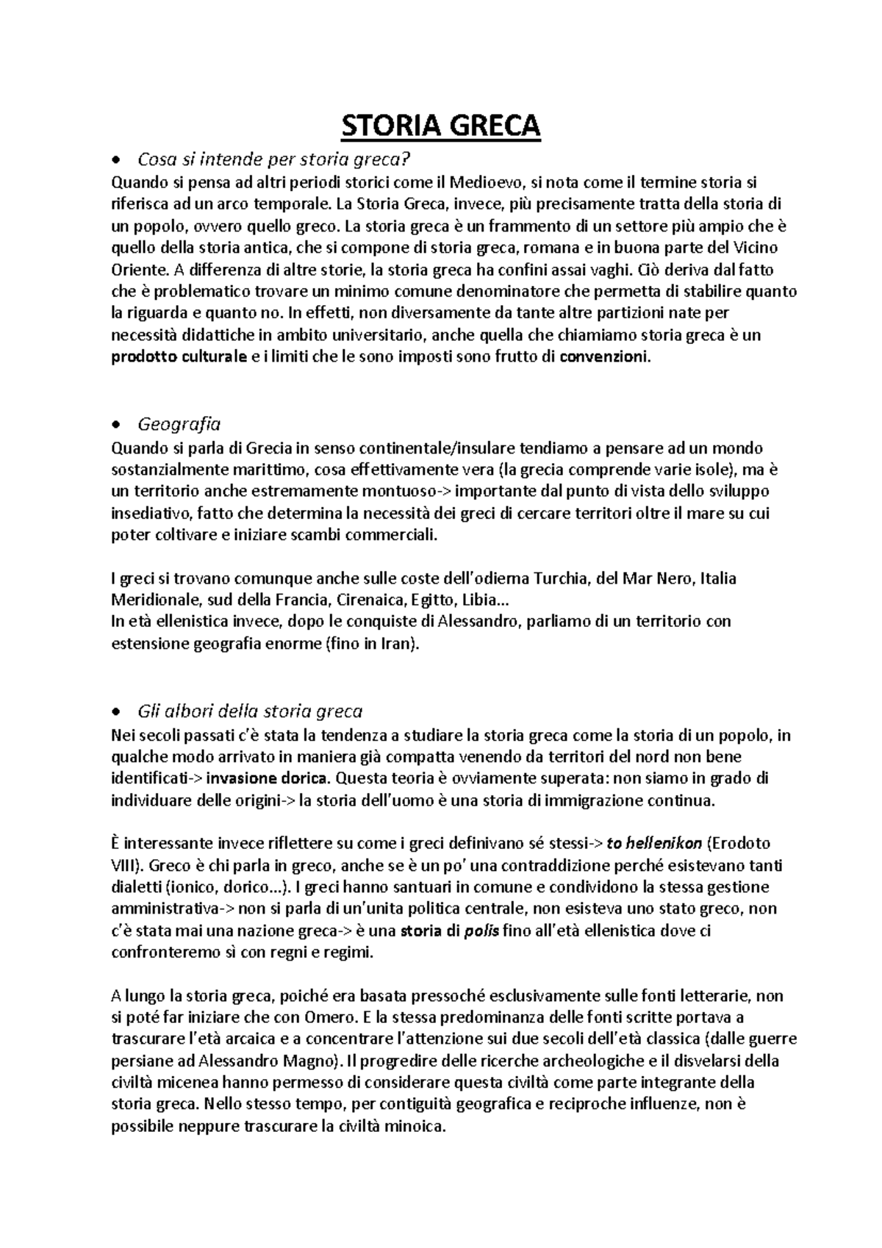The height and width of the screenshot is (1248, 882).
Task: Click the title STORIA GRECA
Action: click(x=440, y=126)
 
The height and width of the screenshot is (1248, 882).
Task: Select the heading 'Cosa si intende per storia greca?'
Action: click(x=272, y=159)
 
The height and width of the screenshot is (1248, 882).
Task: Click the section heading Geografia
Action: click(x=179, y=424)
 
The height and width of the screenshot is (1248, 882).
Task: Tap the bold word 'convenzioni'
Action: click(x=604, y=358)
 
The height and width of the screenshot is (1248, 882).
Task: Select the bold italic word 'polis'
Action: click(x=482, y=931)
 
